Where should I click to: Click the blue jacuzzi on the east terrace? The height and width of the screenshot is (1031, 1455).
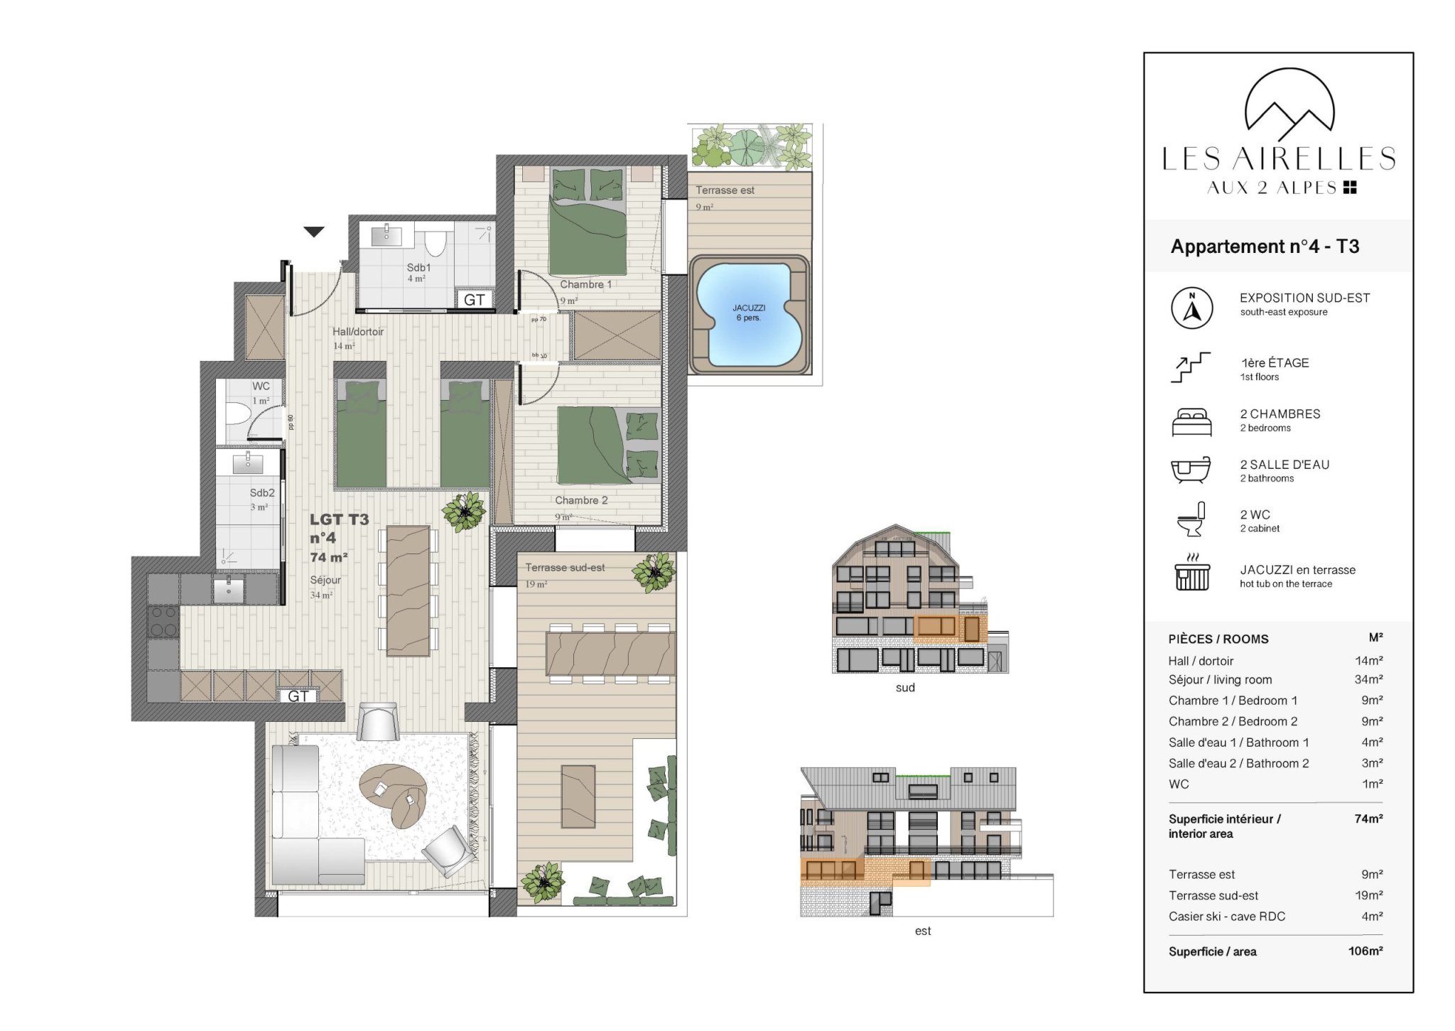[x=749, y=314]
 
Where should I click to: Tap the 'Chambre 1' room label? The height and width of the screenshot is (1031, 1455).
[x=585, y=284]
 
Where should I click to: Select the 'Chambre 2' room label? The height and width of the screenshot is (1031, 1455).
[x=581, y=500]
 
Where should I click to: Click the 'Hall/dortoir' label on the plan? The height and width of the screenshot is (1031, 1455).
[x=358, y=332]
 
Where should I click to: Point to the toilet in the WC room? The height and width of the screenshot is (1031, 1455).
[x=239, y=413]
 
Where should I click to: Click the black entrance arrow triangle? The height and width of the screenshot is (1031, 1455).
[x=314, y=232]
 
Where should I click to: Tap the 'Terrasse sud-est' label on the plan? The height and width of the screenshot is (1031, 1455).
[x=565, y=568]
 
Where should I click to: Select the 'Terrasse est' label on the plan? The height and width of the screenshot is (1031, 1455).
[x=725, y=190]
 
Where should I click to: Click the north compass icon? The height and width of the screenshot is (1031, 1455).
[x=1192, y=308]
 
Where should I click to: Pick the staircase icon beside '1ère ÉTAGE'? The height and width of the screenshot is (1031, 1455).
[x=1191, y=367]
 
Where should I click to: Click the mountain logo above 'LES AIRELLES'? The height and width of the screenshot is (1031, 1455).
[x=1289, y=105]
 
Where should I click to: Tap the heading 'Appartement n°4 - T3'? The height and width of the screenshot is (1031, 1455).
[x=1265, y=247]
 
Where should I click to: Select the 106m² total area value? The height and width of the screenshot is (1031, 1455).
[x=1365, y=951]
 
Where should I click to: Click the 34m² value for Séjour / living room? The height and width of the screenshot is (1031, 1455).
[x=1368, y=679]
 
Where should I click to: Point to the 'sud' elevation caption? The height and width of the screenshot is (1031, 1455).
[x=905, y=688]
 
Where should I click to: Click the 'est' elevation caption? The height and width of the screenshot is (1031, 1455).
[x=923, y=931]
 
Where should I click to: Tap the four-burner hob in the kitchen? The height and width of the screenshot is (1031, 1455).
[x=163, y=622]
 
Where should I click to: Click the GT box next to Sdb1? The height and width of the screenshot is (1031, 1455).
[x=474, y=299]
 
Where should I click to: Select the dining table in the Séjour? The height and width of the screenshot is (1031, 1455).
[x=408, y=590]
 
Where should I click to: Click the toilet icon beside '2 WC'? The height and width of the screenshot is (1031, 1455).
[x=1191, y=519]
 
